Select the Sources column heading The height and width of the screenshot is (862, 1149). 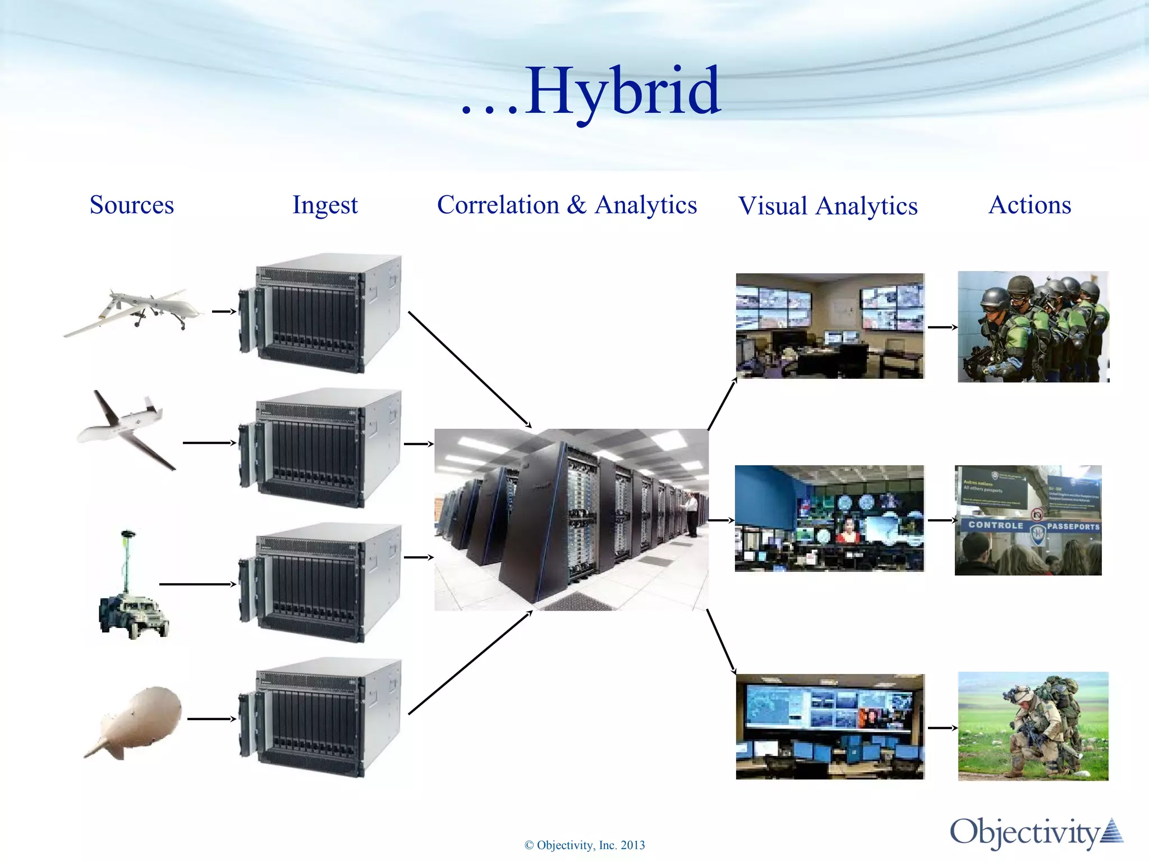click(x=132, y=205)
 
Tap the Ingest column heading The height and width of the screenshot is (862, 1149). click(x=325, y=205)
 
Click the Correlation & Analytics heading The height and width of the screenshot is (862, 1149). click(x=567, y=205)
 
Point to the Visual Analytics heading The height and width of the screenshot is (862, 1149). click(x=828, y=206)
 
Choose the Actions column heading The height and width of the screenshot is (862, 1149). click(x=1029, y=205)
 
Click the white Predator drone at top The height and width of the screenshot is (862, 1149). click(x=135, y=311)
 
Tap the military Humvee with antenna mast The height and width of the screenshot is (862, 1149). click(x=134, y=615)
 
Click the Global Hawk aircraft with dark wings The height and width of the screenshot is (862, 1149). click(x=126, y=429)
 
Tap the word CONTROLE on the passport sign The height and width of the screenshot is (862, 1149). click(x=996, y=525)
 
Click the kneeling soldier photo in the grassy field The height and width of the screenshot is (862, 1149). click(x=1033, y=726)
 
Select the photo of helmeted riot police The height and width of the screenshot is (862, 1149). click(x=1033, y=327)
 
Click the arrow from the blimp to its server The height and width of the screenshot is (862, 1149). click(x=212, y=719)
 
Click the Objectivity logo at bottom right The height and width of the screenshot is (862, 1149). click(x=1035, y=832)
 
